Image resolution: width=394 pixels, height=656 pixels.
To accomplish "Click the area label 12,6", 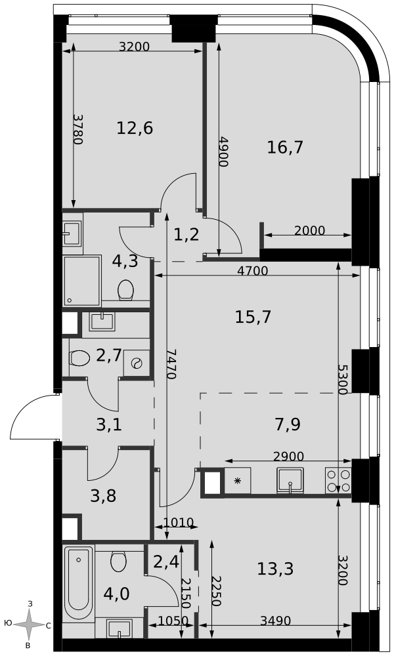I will [x=135, y=128].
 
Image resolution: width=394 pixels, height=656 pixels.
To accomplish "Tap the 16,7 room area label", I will [x=285, y=147].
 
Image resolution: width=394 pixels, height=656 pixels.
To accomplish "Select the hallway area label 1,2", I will [x=186, y=234].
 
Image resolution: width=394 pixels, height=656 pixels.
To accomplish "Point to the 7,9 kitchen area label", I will [x=287, y=424].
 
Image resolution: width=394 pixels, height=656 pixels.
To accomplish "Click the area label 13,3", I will [x=275, y=569].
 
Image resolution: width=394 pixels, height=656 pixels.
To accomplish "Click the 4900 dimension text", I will [x=223, y=152].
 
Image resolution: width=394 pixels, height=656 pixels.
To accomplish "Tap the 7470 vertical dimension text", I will [x=171, y=364].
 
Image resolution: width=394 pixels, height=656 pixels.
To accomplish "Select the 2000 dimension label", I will [x=309, y=230].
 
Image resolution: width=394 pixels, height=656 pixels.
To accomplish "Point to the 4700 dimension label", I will [x=252, y=271].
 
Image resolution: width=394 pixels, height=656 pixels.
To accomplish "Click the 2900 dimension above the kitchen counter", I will [x=288, y=456].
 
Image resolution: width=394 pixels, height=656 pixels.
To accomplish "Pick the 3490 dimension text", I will [x=276, y=621].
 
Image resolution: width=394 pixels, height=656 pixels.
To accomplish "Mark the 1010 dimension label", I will [x=178, y=523].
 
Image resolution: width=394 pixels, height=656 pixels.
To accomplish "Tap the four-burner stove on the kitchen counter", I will [x=338, y=481].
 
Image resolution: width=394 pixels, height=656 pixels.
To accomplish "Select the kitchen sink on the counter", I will [x=290, y=480].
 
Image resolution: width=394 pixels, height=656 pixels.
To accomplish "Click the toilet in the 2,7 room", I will [x=79, y=358].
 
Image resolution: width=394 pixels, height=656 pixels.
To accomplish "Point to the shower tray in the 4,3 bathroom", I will [x=82, y=281].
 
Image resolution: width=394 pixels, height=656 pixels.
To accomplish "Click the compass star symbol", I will [x=30, y=625].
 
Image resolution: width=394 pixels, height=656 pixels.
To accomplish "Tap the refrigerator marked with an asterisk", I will [x=237, y=481].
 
